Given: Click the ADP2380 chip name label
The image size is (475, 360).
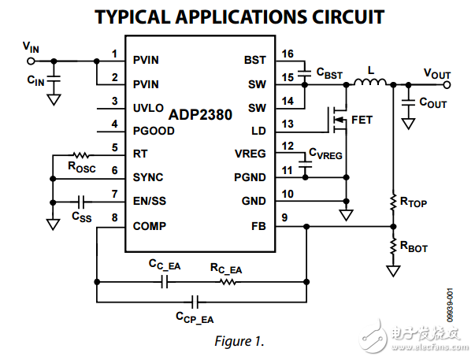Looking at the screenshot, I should click(200, 115).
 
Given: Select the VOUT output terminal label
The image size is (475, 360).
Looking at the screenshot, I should click(437, 74).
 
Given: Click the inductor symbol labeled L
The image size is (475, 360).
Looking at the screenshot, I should click(364, 84).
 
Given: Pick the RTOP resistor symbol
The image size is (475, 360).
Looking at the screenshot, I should click(392, 203).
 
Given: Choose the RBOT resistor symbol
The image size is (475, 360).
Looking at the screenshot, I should click(392, 247).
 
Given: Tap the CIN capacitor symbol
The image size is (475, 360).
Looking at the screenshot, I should click(54, 79).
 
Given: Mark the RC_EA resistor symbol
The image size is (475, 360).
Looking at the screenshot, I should click(227, 280).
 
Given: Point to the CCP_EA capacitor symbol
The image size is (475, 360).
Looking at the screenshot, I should click(195, 300).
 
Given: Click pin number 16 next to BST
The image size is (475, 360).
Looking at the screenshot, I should click(287, 54).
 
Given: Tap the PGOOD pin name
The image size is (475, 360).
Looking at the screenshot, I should click(154, 131).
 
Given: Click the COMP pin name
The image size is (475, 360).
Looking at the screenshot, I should click(150, 225).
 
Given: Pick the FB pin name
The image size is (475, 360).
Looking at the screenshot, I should click(259, 225).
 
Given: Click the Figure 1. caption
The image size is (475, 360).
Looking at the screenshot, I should click(237, 341).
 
